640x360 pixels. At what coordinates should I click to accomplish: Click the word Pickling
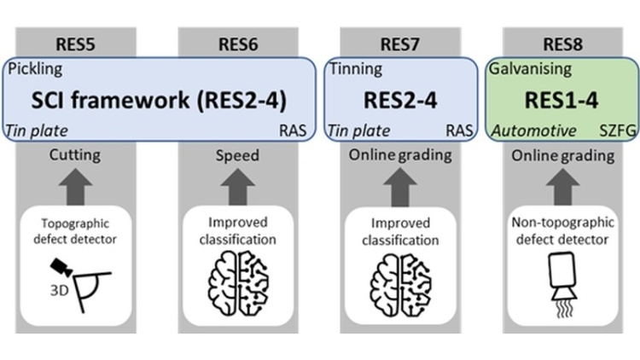pyautogui.click(x=36, y=69)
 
